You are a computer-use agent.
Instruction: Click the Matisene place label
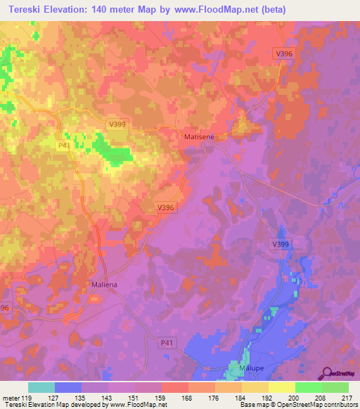pos(198,138)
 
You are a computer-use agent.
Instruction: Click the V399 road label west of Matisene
pos(117,124)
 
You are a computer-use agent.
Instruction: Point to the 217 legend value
pos(346,398)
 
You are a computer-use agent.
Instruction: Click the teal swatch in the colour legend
pos(41,387)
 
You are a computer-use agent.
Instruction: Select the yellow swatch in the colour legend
pos(281,387)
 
